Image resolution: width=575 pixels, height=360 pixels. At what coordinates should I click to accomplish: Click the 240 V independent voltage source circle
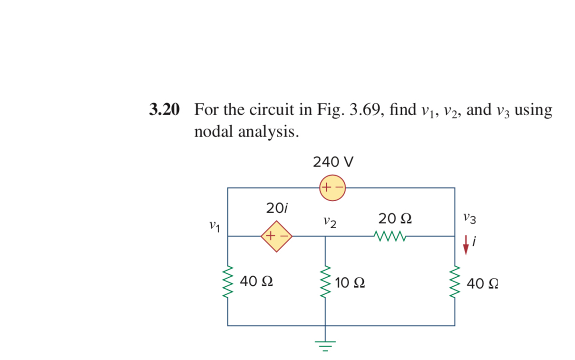coord(332,188)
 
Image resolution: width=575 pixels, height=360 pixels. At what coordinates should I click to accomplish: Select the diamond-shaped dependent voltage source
coord(276,235)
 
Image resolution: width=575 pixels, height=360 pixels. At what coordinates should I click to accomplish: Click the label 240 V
coord(333,162)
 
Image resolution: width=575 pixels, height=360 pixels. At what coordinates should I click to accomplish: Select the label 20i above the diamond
coord(277,207)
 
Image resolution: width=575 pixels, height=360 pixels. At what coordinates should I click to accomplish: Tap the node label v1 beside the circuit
coord(215,225)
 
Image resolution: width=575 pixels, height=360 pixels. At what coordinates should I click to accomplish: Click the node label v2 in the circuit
coord(330,222)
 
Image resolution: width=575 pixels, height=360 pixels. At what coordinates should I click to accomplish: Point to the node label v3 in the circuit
coord(469,219)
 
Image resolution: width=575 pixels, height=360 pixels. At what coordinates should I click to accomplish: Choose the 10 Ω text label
coord(350,283)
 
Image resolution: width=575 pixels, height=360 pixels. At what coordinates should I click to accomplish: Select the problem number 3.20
coord(165,110)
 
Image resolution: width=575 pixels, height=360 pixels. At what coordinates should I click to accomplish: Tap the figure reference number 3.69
coord(361,110)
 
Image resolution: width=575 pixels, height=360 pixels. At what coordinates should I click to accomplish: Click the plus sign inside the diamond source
coord(270,235)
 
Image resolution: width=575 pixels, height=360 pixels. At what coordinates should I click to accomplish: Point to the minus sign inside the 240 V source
coord(338,188)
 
